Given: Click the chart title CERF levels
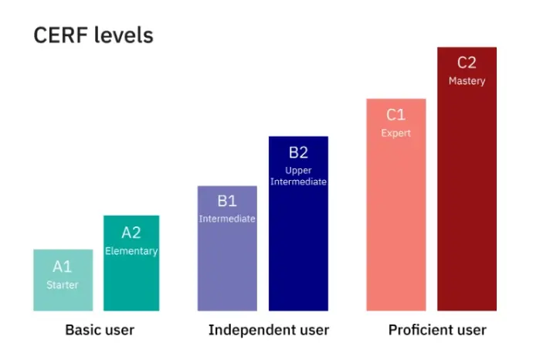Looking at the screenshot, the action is pos(93,36).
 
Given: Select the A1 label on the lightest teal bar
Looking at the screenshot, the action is pos(63,267).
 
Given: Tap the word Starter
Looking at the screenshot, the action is pos(63,285).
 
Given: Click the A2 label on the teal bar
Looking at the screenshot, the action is pos(131,233).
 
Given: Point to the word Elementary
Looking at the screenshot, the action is pos(131,251).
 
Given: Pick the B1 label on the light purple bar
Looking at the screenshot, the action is pos(227,201).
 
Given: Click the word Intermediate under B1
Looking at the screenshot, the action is pos(227,219).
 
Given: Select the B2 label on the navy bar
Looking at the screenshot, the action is pos(298,152).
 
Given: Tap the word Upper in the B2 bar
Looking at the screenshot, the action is pos(298,171).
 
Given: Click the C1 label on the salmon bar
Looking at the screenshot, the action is pos(396,115).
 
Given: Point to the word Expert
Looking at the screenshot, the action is pos(396,133).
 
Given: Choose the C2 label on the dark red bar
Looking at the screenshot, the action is pos(467,63).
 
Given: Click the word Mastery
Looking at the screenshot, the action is pos(467,81).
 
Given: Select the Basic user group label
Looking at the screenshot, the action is pos(100,330).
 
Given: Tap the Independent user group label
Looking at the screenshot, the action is pos(269,330).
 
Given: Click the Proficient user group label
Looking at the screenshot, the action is pos(437,330).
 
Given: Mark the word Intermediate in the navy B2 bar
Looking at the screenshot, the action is pos(298,182).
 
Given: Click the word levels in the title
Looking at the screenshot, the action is pos(124,36).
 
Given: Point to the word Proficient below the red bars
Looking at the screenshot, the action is pos(419,330).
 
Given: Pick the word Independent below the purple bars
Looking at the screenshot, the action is pos(250,330).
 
